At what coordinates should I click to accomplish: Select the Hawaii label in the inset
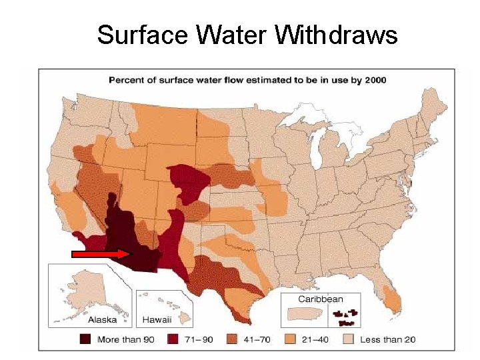pyautogui.click(x=155, y=319)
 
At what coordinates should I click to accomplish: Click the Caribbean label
pyautogui.click(x=320, y=299)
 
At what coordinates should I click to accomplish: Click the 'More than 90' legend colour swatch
pyautogui.click(x=85, y=339)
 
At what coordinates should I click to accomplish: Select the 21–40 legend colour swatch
pyautogui.click(x=291, y=339)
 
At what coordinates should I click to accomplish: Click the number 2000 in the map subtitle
pyautogui.click(x=374, y=80)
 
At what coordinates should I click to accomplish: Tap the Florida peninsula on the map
pyautogui.click(x=391, y=293)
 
